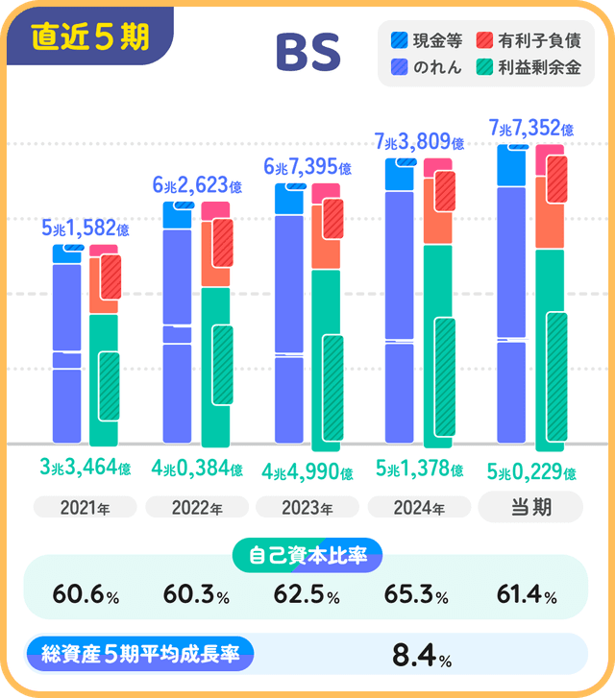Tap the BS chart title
pyautogui.click(x=307, y=55)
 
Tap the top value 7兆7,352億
pyautogui.click(x=531, y=128)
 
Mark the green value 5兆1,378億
pyautogui.click(x=419, y=470)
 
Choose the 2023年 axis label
pyautogui.click(x=307, y=507)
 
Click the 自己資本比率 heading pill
pyautogui.click(x=307, y=554)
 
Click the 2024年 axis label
pyautogui.click(x=419, y=507)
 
